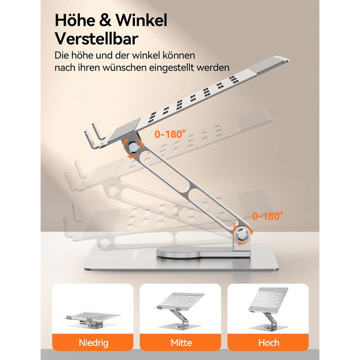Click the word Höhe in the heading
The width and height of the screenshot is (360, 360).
pyautogui.click(x=75, y=20)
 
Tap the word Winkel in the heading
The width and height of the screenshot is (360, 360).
pyautogui.click(x=141, y=20)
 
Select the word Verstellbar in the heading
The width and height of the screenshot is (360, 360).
pyautogui.click(x=97, y=39)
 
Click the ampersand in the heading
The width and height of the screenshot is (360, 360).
pyautogui.click(x=105, y=21)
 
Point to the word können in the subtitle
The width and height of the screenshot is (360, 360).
pyautogui.click(x=179, y=56)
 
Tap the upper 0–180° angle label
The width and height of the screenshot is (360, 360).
pyautogui.click(x=170, y=134)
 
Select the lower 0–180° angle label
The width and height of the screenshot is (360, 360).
pyautogui.click(x=267, y=216)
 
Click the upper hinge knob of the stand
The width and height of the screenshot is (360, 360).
pyautogui.click(x=133, y=147)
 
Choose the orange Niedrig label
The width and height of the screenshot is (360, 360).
pyautogui.click(x=93, y=343)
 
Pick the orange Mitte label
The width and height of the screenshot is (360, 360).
pyautogui.click(x=181, y=343)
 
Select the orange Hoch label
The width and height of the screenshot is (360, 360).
pyautogui.click(x=268, y=343)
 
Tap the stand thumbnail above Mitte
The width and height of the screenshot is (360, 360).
pyautogui.click(x=181, y=311)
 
